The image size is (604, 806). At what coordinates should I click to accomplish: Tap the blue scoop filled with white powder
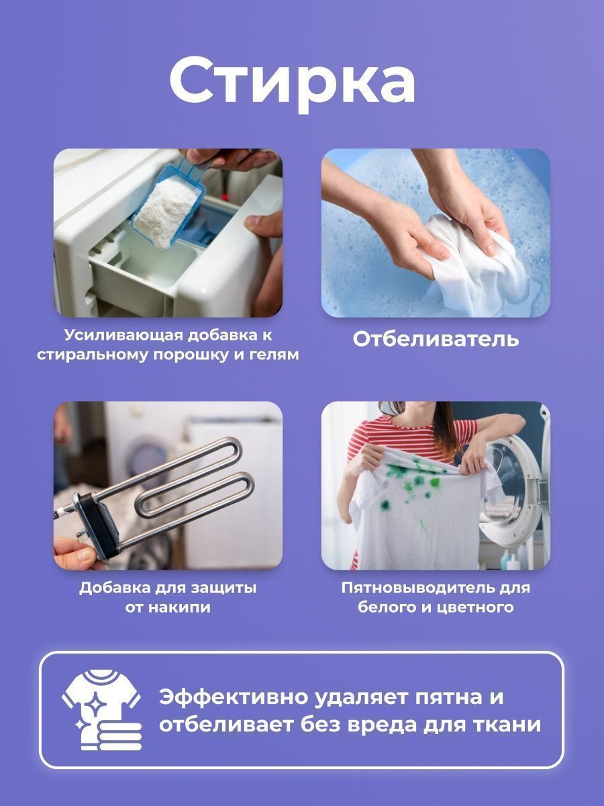pyautogui.click(x=168, y=201)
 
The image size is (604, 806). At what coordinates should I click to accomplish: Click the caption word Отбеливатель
pyautogui.click(x=436, y=339)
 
